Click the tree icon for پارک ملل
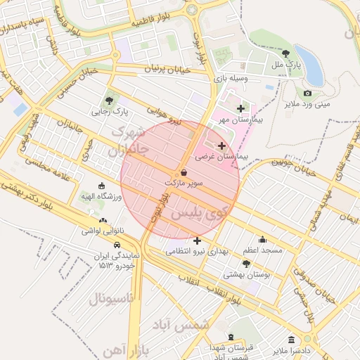point(285,53)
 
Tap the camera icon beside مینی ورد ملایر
point(307,94)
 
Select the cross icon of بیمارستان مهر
point(241,108)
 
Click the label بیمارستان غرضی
point(222,158)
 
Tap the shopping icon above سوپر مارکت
point(184,172)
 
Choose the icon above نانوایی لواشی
point(103,220)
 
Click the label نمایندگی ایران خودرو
point(116,261)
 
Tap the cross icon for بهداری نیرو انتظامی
point(196,241)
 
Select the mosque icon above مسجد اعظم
point(262,240)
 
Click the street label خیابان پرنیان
point(167,70)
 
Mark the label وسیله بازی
point(231,79)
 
